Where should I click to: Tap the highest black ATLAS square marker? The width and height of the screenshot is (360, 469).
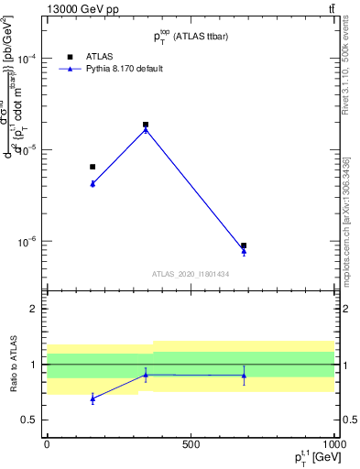point(146,125)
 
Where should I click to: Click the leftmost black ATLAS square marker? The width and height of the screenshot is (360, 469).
point(93,167)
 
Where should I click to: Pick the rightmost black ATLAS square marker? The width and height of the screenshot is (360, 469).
point(244,245)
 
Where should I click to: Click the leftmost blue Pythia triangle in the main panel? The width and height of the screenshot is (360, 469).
point(93,184)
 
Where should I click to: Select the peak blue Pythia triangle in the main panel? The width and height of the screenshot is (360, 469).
point(146,130)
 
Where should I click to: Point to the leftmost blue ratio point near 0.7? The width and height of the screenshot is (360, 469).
point(93,398)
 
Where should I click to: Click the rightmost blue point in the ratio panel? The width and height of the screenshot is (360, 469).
point(244,376)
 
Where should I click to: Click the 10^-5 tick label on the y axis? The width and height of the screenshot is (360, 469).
point(27,150)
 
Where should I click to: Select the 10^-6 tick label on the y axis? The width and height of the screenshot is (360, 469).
point(27,242)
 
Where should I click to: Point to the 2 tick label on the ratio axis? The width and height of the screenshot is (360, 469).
point(34,309)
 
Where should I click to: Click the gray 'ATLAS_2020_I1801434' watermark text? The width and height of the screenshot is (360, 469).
point(191,274)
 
